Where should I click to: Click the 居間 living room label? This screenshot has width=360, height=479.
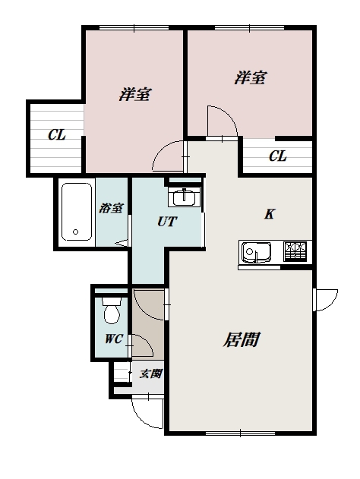coord(241,339)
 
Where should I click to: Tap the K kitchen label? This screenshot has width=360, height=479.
coord(269,214)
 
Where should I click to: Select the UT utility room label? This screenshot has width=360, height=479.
coord(167,222)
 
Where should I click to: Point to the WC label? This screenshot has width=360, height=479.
coord(114,339)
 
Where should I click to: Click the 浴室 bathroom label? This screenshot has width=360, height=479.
coord(111,208)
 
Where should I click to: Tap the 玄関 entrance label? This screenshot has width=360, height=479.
coord(151,373)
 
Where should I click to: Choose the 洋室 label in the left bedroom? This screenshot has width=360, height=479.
coord(135,94)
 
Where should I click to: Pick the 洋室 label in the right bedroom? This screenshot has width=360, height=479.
coord(251,77)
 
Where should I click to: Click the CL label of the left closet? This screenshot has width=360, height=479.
coord(57,134)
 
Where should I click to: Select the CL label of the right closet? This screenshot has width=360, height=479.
coord(278,156)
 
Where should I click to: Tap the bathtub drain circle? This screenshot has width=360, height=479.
coord(75,232)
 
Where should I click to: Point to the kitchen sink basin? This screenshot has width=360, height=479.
coord(256,252)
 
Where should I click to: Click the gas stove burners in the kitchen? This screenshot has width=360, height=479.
coord(295,251)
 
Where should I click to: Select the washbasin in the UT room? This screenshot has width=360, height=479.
coord(184,197)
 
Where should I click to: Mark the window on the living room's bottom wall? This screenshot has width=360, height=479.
coord(240,433)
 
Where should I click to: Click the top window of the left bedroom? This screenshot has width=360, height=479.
coord(134,28)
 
